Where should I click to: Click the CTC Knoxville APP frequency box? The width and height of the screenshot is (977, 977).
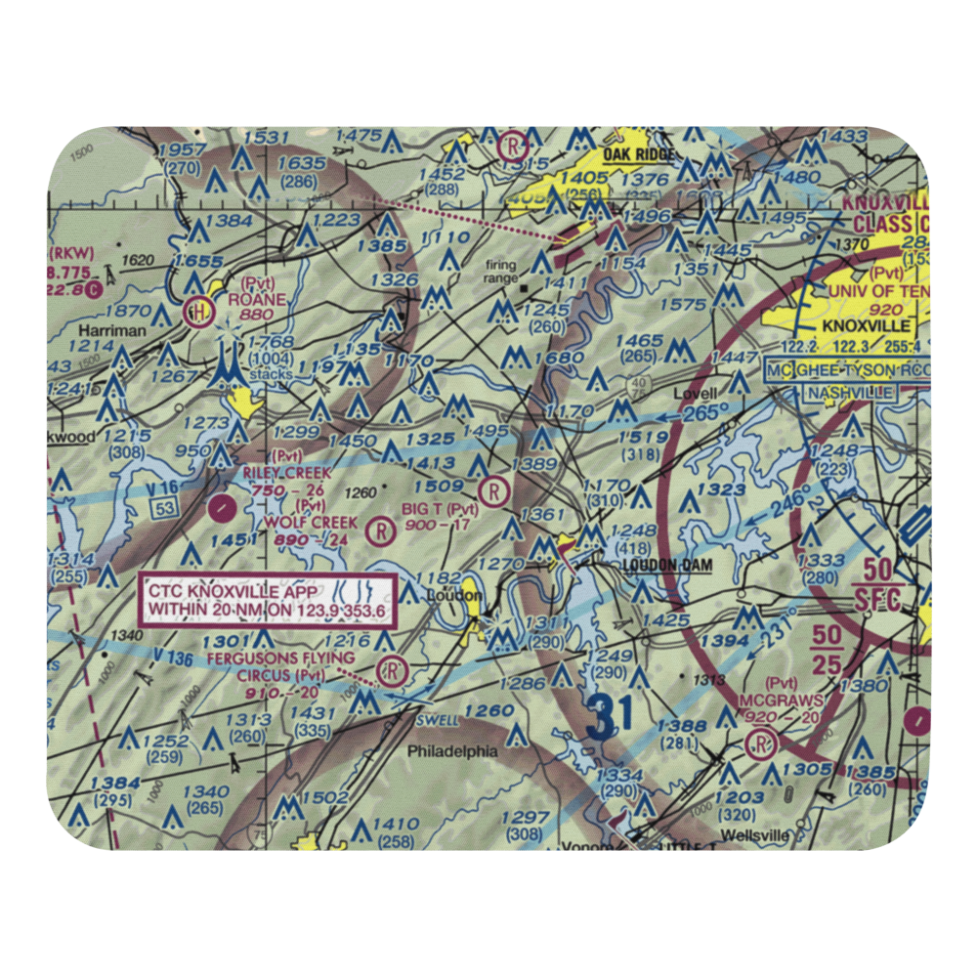269,601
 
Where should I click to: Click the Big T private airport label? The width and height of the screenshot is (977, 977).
441,509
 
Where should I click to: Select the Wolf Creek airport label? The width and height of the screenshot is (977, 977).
311,523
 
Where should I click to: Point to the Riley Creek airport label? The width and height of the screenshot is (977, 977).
287,473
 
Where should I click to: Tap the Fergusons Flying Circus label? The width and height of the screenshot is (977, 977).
281,658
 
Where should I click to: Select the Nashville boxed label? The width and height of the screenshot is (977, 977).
849,393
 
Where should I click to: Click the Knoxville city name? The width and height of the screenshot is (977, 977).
867,325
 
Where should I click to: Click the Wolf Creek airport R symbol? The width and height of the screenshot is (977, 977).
379,532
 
